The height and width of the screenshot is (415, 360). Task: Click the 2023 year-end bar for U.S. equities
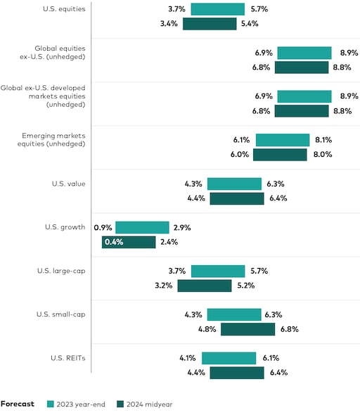(217, 9)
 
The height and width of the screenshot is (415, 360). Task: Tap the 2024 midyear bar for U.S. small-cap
(247, 329)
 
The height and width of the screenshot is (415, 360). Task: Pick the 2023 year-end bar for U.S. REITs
(229, 358)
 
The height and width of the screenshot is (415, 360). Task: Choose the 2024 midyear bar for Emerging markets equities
(280, 155)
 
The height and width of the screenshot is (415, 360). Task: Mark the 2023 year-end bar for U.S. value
(234, 184)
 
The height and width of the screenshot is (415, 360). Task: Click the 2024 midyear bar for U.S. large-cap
(204, 286)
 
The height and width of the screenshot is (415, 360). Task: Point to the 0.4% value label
(113, 242)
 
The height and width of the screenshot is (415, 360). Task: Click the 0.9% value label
(103, 227)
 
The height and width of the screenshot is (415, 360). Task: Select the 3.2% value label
(165, 286)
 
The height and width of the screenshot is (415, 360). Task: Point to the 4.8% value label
(209, 329)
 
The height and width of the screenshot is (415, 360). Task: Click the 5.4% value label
(250, 24)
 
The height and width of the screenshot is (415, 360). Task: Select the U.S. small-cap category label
(61, 314)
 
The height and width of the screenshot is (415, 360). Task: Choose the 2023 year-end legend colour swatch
(51, 404)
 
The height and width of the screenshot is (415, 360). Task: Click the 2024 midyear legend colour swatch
(120, 404)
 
